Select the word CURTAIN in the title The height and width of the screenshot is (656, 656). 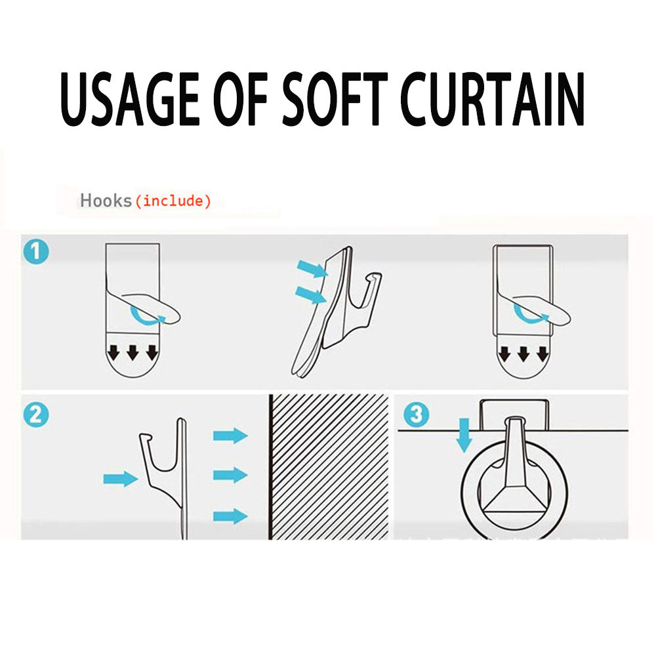(493, 99)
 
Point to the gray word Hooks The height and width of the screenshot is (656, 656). (106, 201)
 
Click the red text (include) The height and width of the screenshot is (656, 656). (173, 201)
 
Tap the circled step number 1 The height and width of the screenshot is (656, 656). (36, 252)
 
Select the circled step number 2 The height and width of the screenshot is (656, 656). (36, 415)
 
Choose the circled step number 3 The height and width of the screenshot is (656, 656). (417, 415)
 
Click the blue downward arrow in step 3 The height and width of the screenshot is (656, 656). (464, 435)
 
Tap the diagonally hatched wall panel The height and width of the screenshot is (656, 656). (329, 466)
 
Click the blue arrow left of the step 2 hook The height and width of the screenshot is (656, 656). (121, 479)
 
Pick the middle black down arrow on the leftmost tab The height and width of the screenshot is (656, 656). (133, 352)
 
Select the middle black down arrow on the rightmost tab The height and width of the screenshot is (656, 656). (523, 354)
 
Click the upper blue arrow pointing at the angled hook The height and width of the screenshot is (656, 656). (312, 268)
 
